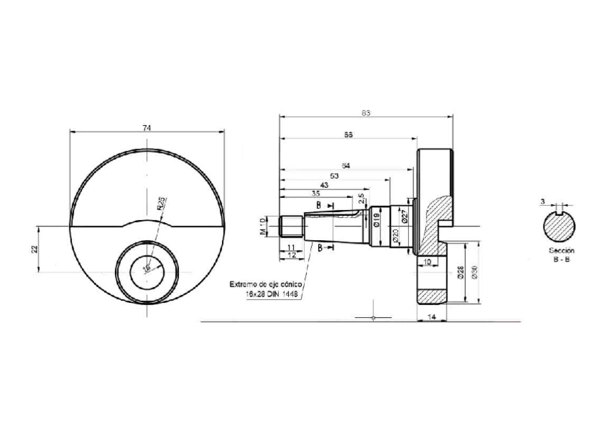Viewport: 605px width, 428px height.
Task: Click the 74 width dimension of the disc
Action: pos(147,127)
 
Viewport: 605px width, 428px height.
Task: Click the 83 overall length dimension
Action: pos(366,113)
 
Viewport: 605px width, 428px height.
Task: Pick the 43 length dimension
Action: pos(324,184)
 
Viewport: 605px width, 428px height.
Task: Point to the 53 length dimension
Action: pos(334,175)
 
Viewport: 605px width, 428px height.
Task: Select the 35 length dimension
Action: pos(315,194)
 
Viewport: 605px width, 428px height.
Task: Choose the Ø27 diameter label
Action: pos(404,217)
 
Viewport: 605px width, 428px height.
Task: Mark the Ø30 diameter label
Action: pos(474,272)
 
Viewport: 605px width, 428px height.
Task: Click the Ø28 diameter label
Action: pos(460,272)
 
